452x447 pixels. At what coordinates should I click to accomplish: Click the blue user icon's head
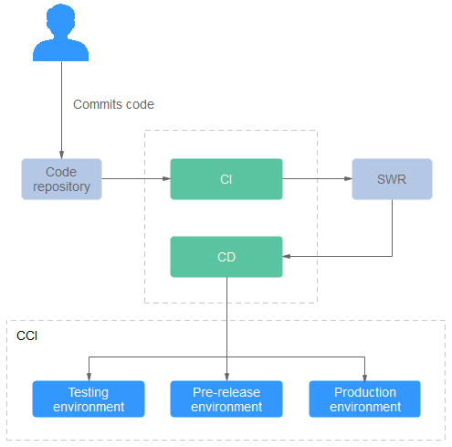pos(61,18)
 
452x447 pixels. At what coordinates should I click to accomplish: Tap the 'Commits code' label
pos(113,104)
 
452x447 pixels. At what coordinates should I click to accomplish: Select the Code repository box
pos(61,179)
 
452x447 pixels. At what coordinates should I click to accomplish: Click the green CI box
pos(226,179)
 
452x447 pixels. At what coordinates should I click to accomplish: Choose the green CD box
pos(226,257)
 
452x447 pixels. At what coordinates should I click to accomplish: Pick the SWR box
pos(392,179)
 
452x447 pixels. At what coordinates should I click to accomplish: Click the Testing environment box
pos(89,399)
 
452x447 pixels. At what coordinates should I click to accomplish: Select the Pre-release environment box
pos(226,399)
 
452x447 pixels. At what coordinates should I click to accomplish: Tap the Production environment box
pos(364,399)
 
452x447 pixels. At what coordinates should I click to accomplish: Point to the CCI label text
pos(26,335)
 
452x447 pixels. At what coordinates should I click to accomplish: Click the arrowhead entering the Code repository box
pos(61,154)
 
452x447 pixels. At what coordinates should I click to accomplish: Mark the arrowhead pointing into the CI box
pos(166,178)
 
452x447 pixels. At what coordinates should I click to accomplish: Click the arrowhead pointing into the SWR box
pos(348,178)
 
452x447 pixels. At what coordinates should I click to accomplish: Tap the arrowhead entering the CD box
pos(287,256)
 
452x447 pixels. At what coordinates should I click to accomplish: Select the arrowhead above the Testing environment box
pos(89,377)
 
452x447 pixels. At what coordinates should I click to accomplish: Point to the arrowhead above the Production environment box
pos(364,377)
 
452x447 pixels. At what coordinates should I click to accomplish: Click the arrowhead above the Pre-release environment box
pos(226,377)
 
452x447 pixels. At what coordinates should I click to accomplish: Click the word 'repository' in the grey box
pos(61,186)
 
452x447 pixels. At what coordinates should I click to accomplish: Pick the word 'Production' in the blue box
pos(365,392)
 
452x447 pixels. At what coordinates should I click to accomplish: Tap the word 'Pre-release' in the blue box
pos(226,392)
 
